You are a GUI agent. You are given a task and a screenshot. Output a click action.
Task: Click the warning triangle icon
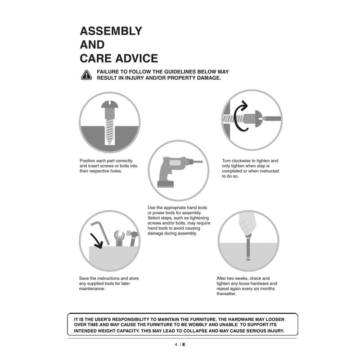click(86, 75)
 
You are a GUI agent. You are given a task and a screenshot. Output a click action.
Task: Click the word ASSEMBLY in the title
click(111, 31)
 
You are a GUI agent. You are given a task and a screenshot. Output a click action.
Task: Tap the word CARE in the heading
click(96, 58)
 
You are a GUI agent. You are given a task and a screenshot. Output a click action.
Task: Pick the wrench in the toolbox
click(119, 237)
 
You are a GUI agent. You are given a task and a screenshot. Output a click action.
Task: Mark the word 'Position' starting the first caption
click(87, 161)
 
